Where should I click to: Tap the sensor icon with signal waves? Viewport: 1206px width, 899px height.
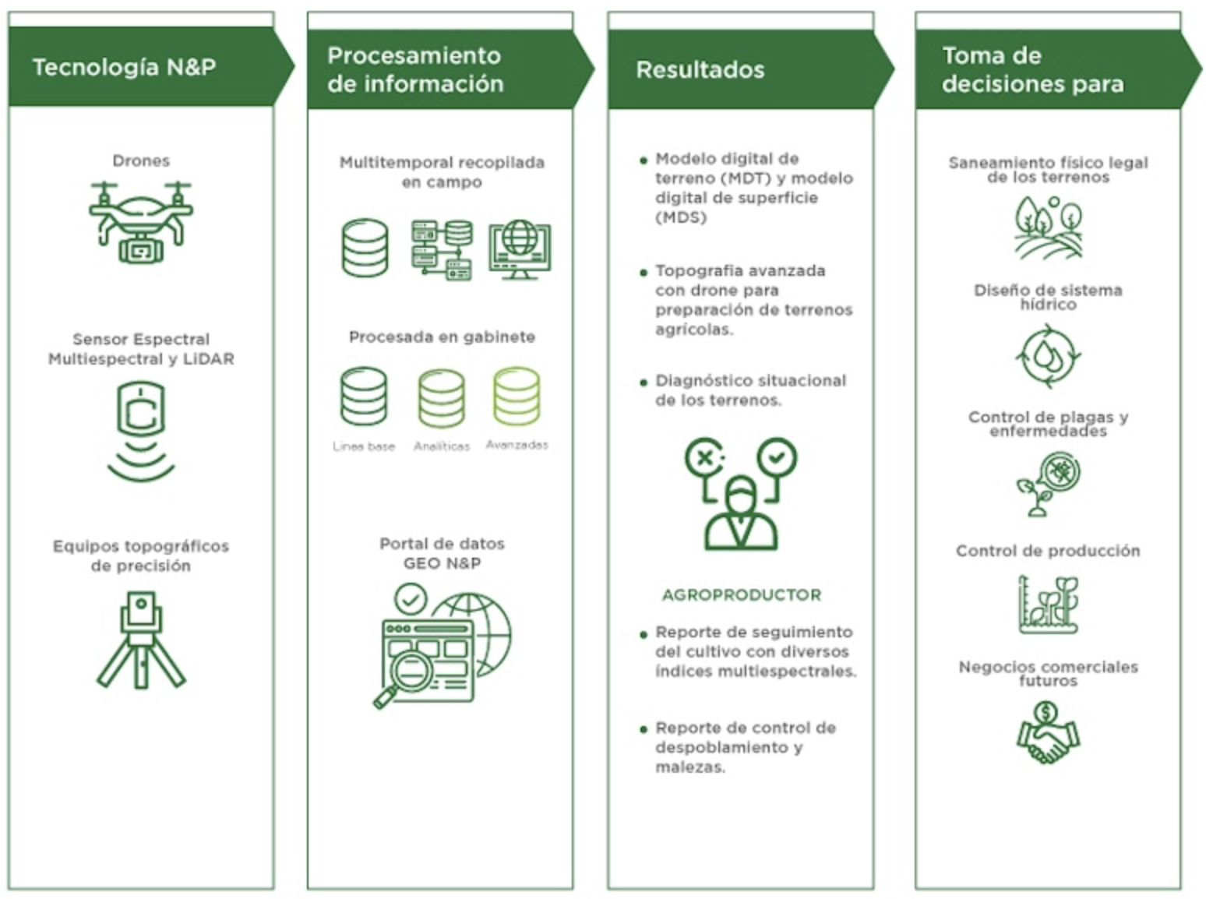[141, 431]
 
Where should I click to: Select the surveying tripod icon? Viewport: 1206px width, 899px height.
[141, 640]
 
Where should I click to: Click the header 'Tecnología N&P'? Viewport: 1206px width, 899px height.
[125, 67]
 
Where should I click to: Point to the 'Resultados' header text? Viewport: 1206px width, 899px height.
[700, 70]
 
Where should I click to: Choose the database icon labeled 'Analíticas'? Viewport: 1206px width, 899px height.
[442, 398]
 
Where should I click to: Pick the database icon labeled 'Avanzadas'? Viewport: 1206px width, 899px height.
[517, 397]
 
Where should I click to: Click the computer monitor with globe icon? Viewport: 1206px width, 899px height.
[520, 249]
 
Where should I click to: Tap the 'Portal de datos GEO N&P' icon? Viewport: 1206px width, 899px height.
[443, 647]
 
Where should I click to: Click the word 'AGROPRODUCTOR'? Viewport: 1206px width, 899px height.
[741, 595]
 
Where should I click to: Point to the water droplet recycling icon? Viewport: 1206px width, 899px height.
[1048, 357]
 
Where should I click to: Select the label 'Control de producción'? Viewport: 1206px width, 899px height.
[1048, 551]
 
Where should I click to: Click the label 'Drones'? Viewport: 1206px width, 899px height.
[141, 160]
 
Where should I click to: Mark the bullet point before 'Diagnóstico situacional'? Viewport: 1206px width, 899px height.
[644, 383]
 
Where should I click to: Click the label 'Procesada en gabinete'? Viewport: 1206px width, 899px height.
[442, 337]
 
